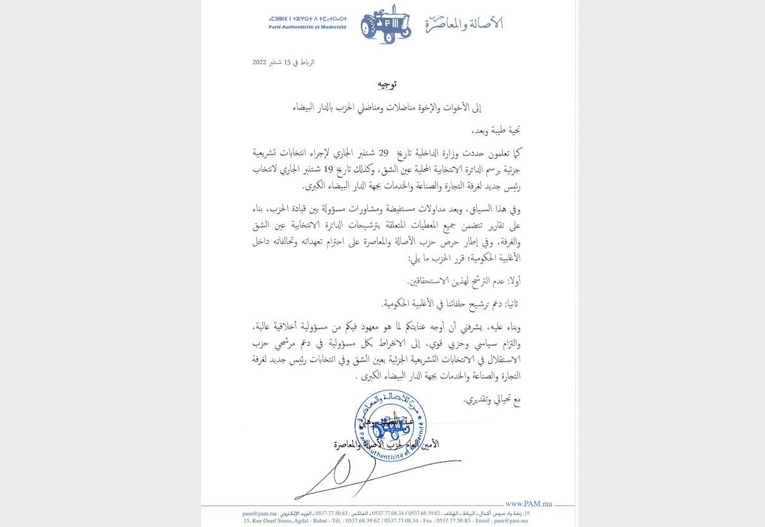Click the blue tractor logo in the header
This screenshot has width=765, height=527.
point(386,25)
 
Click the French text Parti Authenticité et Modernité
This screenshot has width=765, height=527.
point(307,27)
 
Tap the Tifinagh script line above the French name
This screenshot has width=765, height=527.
point(307,19)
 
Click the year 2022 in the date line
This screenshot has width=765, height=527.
point(259,63)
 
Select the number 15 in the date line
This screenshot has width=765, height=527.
point(287,63)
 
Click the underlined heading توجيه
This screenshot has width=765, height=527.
point(386,84)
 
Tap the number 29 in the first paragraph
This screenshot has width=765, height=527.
point(383,153)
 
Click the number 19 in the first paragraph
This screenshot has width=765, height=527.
point(328,169)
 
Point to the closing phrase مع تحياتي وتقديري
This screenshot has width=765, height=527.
point(492,400)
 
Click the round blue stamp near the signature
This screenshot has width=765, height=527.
point(391,425)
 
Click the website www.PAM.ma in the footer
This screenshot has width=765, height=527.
point(529,504)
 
